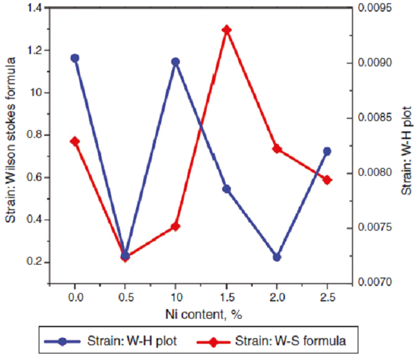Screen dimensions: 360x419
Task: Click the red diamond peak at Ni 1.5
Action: click(226, 30)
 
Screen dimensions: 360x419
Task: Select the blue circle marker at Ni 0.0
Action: click(75, 58)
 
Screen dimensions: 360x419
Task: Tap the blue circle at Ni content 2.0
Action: click(277, 257)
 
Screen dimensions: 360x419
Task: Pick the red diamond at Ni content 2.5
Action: click(327, 180)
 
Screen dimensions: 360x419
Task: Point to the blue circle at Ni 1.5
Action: click(226, 189)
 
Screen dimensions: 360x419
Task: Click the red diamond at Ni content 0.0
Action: click(75, 141)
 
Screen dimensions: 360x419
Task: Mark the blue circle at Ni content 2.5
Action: click(327, 151)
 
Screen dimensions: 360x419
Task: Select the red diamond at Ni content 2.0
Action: click(277, 149)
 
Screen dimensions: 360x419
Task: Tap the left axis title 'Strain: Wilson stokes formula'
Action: click(11, 141)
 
